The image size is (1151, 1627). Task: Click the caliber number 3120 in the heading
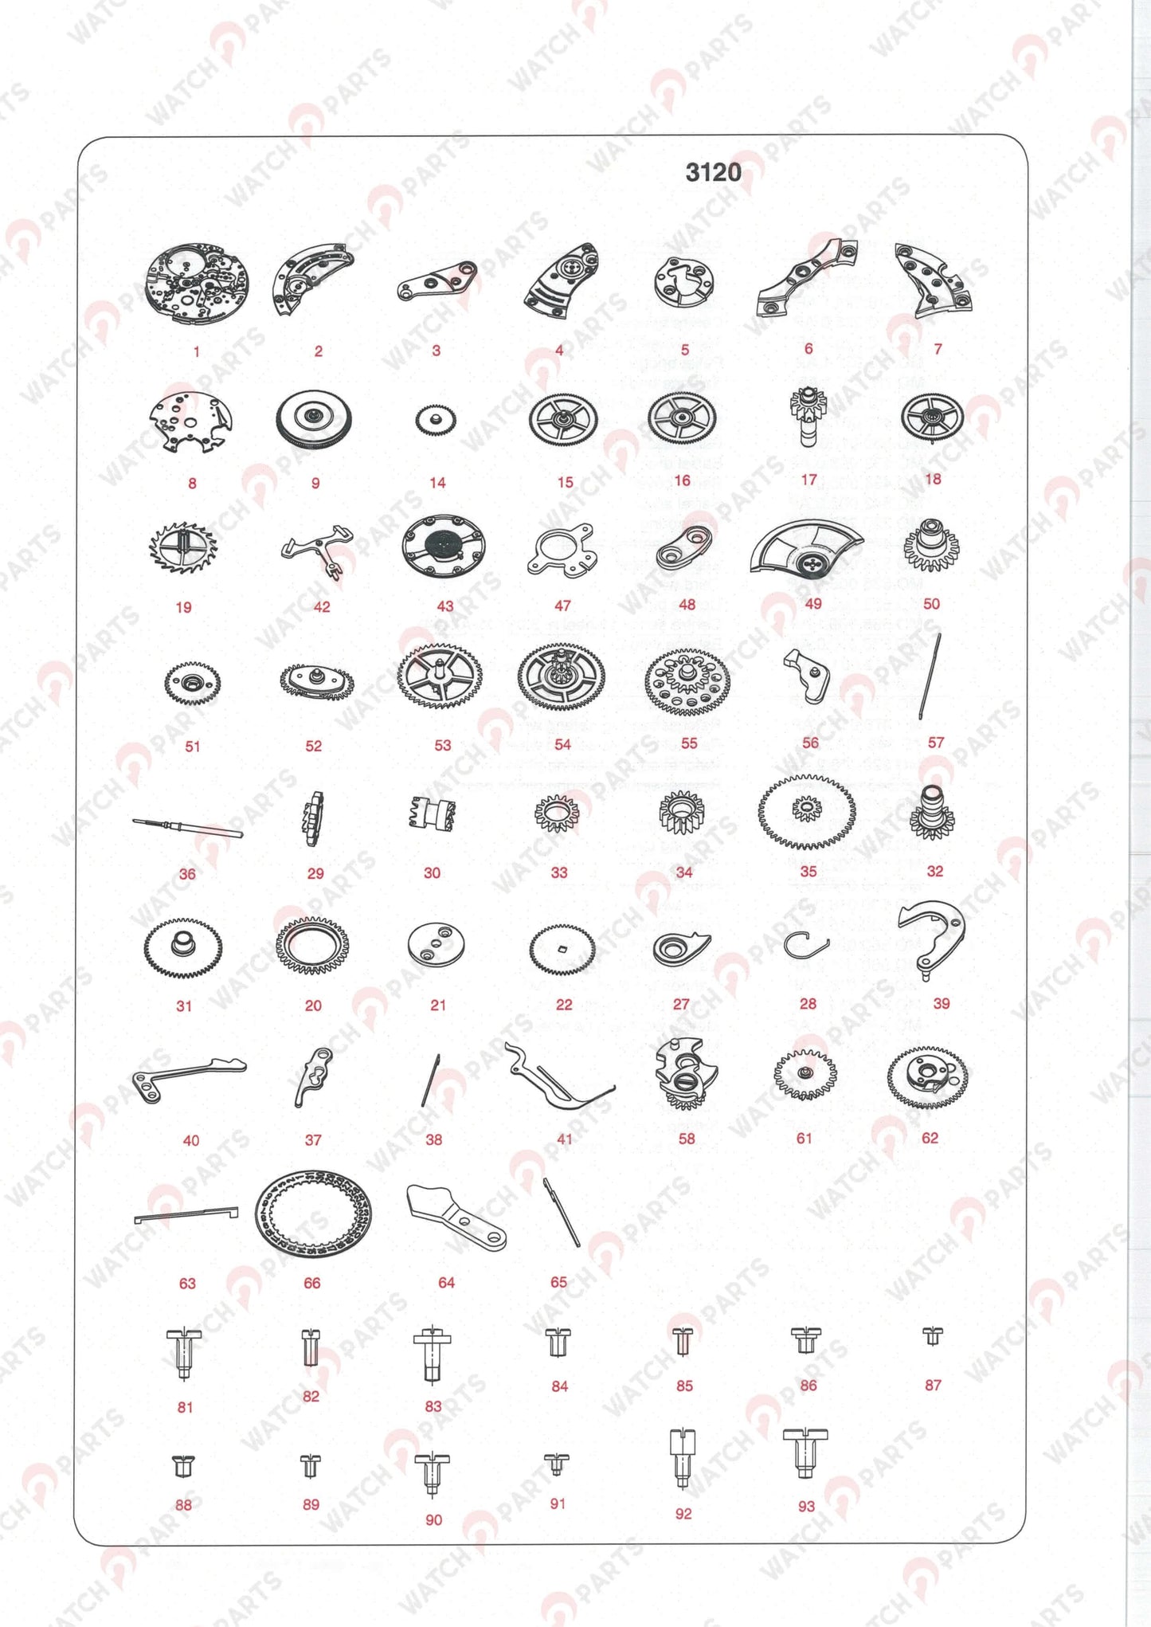point(713,172)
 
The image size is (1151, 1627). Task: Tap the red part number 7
point(938,349)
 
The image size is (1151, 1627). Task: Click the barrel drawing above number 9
point(314,419)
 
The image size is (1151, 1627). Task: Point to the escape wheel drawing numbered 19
point(183,549)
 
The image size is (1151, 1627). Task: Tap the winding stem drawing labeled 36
point(188,829)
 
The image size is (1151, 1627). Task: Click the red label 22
point(564,1005)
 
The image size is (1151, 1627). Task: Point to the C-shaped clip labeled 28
point(805,946)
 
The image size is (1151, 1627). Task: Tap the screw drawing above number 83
point(433,1355)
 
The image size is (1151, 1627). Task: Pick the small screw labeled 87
point(932,1335)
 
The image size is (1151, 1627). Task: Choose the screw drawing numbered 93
point(805,1452)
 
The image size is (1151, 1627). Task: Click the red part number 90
point(433,1520)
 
